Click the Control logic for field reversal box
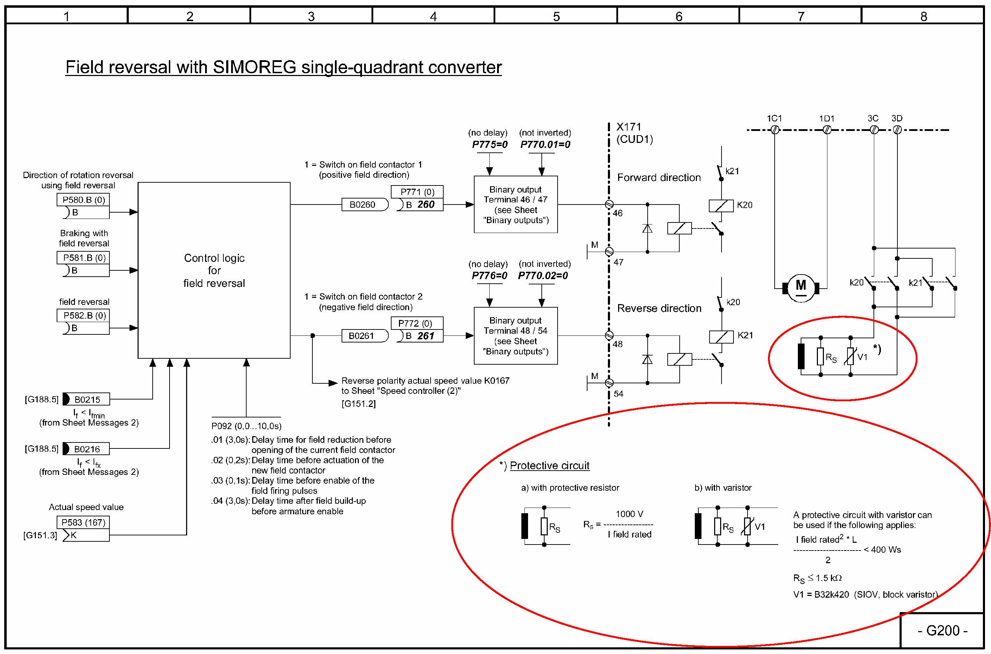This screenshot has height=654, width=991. tap(214, 270)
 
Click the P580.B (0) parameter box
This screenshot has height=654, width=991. tap(83, 200)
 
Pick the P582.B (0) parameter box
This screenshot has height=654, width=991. tap(83, 315)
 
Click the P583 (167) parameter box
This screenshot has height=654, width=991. tap(83, 522)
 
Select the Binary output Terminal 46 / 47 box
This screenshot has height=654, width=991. tap(515, 205)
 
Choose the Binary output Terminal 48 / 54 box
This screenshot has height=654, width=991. tap(515, 336)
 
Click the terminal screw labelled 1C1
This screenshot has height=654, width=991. tap(775, 130)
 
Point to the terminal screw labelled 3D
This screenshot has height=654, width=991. tap(897, 130)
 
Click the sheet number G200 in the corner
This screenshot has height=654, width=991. tap(942, 630)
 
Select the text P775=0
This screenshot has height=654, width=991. tap(490, 144)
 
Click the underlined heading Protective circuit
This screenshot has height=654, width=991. tap(549, 465)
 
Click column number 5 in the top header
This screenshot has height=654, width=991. tap(556, 16)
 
